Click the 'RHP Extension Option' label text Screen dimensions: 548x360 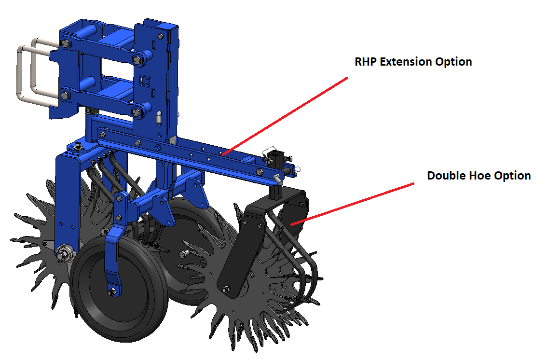click(413, 62)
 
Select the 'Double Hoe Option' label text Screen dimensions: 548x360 click(479, 176)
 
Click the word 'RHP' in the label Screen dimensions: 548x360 click(366, 62)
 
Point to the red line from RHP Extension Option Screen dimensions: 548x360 click(285, 116)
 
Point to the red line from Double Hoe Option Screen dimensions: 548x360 click(352, 204)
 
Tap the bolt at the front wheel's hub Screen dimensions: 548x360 click(112, 292)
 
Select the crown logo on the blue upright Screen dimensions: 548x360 click(144, 81)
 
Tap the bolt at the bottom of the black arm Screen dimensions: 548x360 click(225, 289)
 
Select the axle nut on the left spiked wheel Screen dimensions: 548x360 click(64, 253)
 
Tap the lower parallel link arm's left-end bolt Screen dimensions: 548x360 click(65, 95)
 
